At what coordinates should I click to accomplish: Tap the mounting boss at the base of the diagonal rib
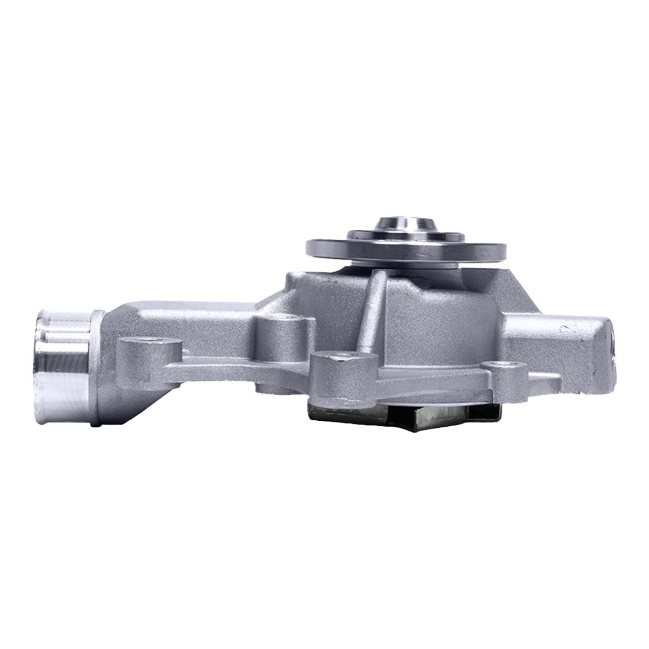pos(338,373)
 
